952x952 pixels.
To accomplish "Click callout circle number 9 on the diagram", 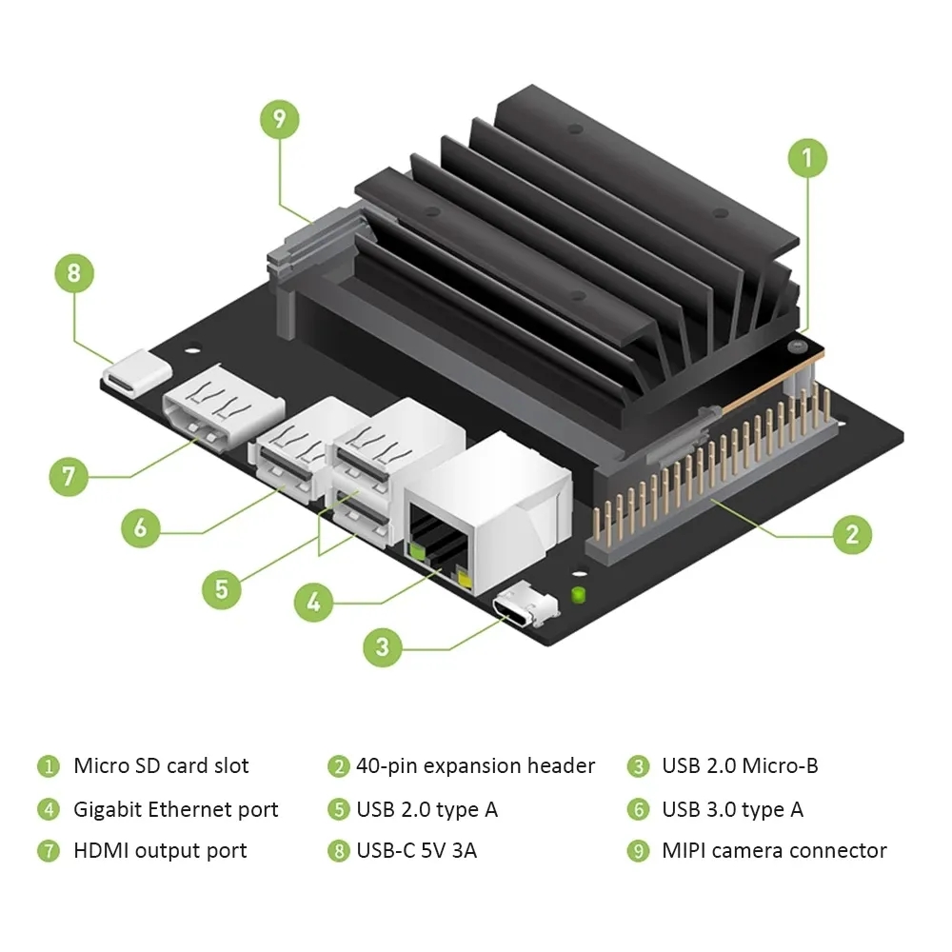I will [279, 119].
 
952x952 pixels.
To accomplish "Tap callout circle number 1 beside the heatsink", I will [808, 157].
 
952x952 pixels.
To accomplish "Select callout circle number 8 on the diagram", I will [74, 274].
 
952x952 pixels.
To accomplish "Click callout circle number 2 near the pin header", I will [852, 534].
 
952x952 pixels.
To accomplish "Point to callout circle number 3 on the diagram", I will [383, 647].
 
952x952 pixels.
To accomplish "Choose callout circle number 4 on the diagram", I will [313, 602].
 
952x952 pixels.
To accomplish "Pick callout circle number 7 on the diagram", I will [69, 475].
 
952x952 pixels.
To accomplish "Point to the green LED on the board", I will [578, 596].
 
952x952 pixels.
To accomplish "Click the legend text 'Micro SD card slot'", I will [161, 765].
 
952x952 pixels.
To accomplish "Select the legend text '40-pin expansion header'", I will [475, 765].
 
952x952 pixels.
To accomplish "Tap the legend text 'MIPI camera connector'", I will [774, 850].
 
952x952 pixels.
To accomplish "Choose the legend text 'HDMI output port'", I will [160, 850].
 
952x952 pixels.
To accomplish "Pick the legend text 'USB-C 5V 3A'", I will [416, 850].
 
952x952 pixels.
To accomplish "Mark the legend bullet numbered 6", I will [637, 810].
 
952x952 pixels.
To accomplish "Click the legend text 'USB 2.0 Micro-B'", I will [740, 765].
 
